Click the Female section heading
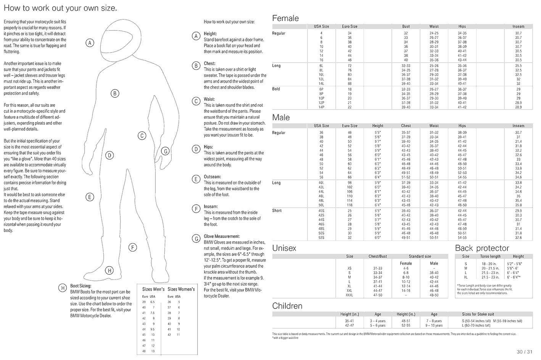point(285,18)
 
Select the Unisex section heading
point(284,248)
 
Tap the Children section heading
point(287,306)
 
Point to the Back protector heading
point(482,248)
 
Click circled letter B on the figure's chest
point(115,93)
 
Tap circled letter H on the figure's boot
point(109,271)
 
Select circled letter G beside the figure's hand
point(165,151)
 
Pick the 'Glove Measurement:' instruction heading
point(222,236)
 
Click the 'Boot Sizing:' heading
point(81,286)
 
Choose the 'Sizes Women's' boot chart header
point(181,289)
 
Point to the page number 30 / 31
point(524,352)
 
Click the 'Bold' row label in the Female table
point(276,89)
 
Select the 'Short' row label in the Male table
point(277,210)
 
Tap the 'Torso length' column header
point(490,257)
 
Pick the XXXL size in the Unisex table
point(349,295)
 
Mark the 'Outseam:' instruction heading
point(212,177)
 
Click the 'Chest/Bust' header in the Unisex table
point(378,257)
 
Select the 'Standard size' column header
point(420,257)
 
